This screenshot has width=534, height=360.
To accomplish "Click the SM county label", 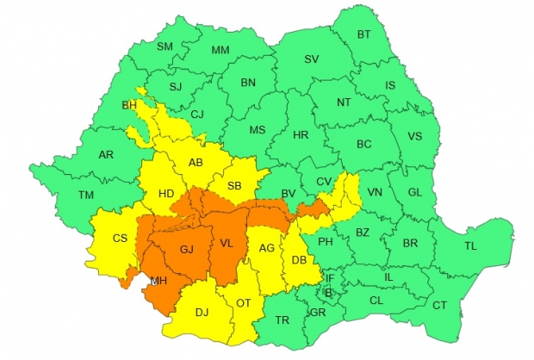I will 165,46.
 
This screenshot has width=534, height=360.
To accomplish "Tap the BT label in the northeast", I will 363,34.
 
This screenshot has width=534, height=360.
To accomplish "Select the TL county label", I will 470,245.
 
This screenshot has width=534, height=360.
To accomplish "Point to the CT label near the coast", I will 439,306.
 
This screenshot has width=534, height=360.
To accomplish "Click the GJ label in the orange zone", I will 187,250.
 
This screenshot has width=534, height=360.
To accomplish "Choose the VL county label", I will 227,243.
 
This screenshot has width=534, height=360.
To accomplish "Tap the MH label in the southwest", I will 159,281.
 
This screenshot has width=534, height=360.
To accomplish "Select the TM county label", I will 86,196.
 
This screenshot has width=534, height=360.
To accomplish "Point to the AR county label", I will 106,155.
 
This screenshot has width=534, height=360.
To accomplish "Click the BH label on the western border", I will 130,106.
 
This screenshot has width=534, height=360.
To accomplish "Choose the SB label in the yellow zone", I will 234,185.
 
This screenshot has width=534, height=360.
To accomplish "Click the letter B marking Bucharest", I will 328,291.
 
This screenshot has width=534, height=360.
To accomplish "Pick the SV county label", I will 311,59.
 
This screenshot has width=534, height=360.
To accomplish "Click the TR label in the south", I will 282,320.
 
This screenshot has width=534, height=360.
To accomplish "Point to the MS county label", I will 257,130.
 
